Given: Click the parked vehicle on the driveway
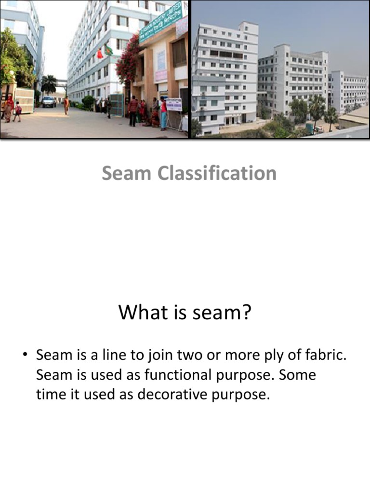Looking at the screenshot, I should pyautogui.click(x=49, y=101).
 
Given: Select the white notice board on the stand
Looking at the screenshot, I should pyautogui.click(x=174, y=105).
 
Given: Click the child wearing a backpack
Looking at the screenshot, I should pyautogui.click(x=17, y=111).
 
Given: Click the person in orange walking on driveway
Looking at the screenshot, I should pyautogui.click(x=66, y=105).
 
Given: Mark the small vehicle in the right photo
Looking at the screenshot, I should pyautogui.click(x=318, y=129).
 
